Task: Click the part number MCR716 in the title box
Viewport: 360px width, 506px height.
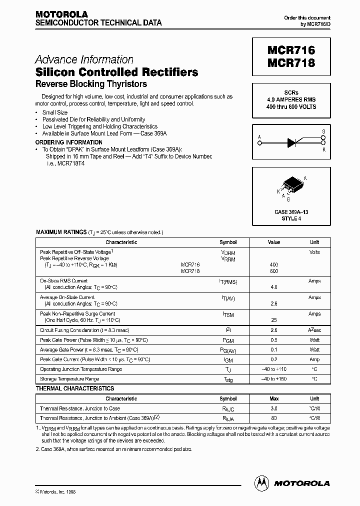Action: point(291,50)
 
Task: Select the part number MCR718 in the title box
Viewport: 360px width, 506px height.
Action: point(291,63)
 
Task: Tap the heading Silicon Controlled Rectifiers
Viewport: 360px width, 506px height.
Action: point(116,72)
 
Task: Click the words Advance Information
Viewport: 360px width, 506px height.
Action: point(84,59)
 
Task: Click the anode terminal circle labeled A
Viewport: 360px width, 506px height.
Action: point(259,143)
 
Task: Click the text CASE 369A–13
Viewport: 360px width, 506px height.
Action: point(291,212)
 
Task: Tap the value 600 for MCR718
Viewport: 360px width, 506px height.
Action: point(273,271)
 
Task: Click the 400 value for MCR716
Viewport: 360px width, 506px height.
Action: point(273,264)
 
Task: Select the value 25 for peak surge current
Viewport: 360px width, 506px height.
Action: point(273,320)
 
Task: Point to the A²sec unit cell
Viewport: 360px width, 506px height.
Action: point(314,330)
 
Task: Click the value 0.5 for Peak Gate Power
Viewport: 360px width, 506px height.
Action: point(273,340)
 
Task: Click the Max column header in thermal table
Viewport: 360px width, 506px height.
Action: point(273,399)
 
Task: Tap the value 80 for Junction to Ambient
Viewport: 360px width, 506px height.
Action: point(273,417)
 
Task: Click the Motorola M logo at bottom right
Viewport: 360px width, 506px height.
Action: point(261,482)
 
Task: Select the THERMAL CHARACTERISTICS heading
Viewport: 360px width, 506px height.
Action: point(75,388)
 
